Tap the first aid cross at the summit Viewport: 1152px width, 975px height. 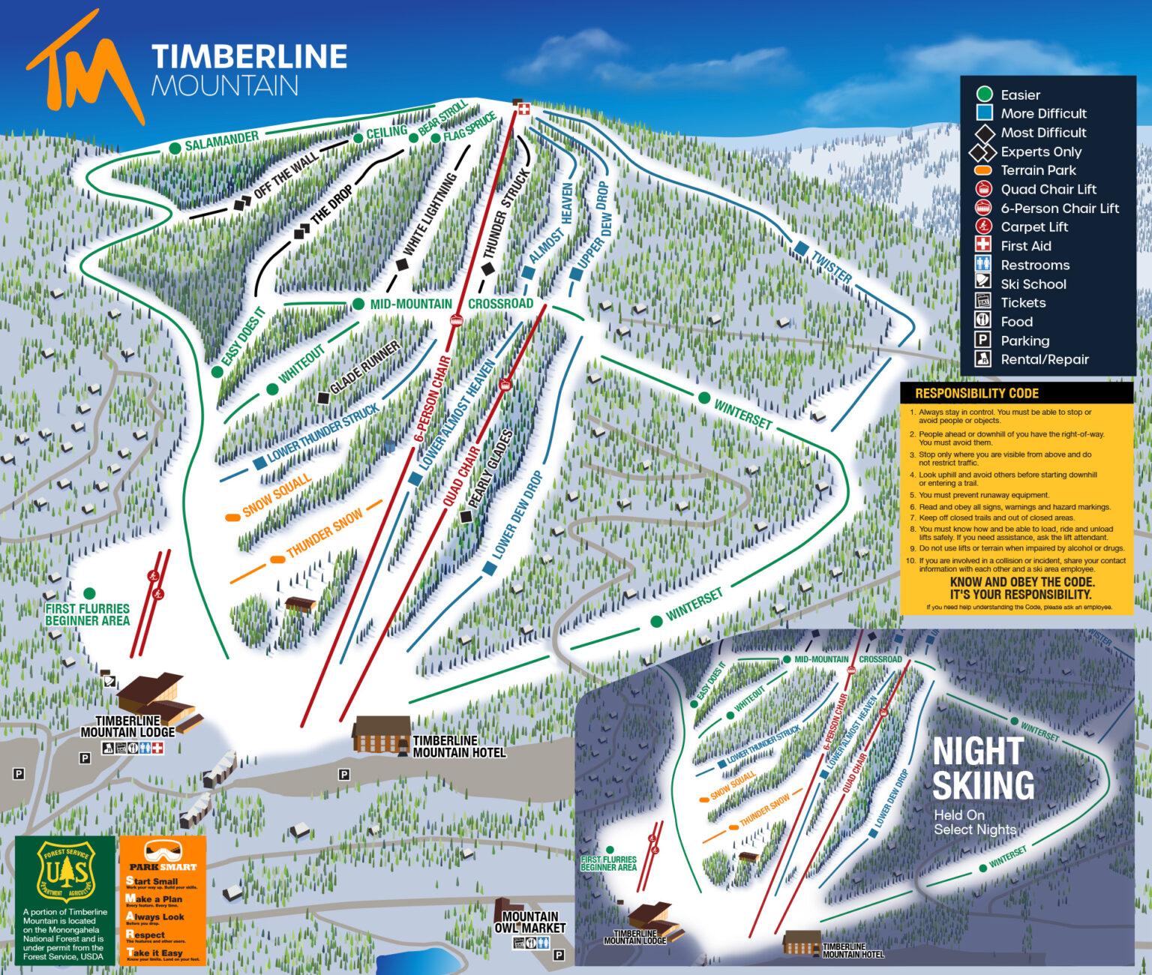click(x=523, y=109)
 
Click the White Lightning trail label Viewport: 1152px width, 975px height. click(x=430, y=214)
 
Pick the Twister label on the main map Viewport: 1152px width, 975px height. click(x=831, y=266)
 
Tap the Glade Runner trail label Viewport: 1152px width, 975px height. click(x=365, y=367)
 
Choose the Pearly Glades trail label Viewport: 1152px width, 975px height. click(x=490, y=469)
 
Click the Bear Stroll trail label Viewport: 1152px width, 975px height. click(x=442, y=118)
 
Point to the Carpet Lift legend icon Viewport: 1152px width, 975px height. click(x=983, y=226)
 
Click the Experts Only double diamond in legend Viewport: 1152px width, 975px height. click(x=982, y=151)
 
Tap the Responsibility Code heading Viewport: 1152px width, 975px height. click(x=976, y=393)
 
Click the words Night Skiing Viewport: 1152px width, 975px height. click(x=983, y=769)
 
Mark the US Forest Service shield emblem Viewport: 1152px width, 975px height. click(x=66, y=871)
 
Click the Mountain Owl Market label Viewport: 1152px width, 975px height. click(x=529, y=922)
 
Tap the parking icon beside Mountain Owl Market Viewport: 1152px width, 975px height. click(x=559, y=955)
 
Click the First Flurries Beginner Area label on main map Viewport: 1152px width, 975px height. click(x=87, y=614)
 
